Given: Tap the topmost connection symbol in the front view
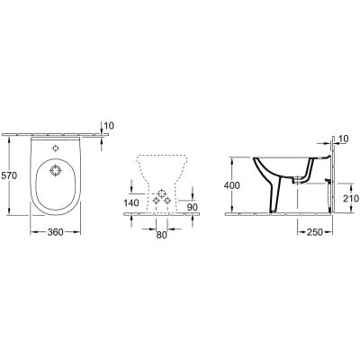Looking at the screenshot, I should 161,191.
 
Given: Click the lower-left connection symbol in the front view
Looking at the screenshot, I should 155,200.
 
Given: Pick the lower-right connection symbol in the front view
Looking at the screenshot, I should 167,200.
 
